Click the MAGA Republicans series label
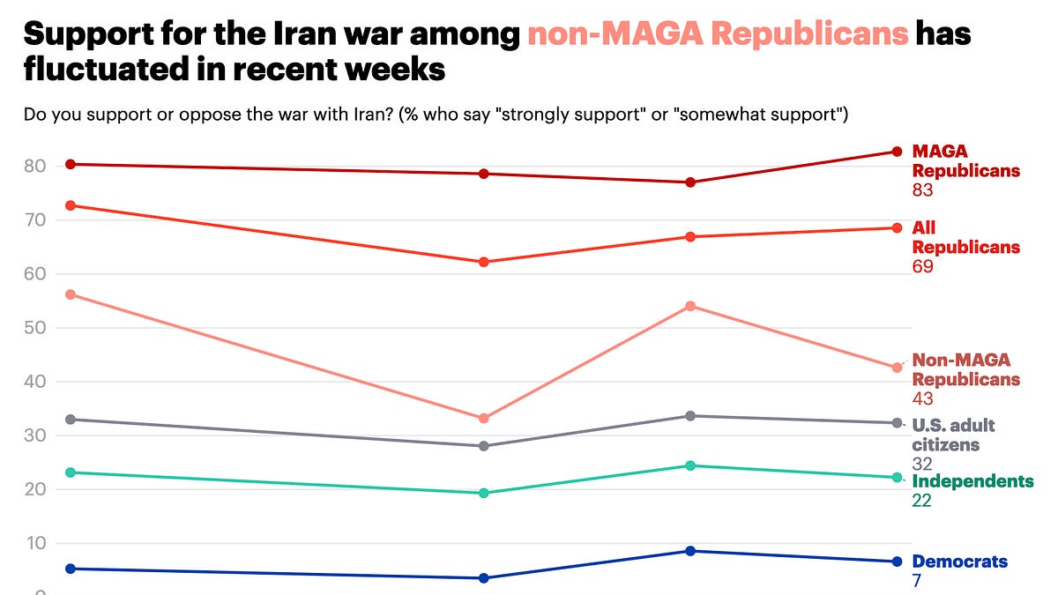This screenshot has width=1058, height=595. click(965, 160)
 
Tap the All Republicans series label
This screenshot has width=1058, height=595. click(965, 237)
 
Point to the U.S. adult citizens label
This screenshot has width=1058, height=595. click(953, 435)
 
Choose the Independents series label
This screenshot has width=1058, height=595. click(972, 481)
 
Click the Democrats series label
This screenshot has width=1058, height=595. click(959, 562)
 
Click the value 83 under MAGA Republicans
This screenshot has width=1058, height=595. click(922, 190)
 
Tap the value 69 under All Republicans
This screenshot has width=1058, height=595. click(922, 266)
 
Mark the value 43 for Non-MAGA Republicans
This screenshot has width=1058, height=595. click(922, 398)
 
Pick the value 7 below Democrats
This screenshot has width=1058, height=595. click(917, 581)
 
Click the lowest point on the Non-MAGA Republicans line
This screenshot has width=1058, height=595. click(484, 418)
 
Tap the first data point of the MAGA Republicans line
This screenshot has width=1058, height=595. click(71, 164)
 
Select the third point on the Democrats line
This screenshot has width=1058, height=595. click(691, 551)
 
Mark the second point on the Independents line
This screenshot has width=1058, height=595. click(484, 493)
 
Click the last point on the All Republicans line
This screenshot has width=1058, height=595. click(898, 227)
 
